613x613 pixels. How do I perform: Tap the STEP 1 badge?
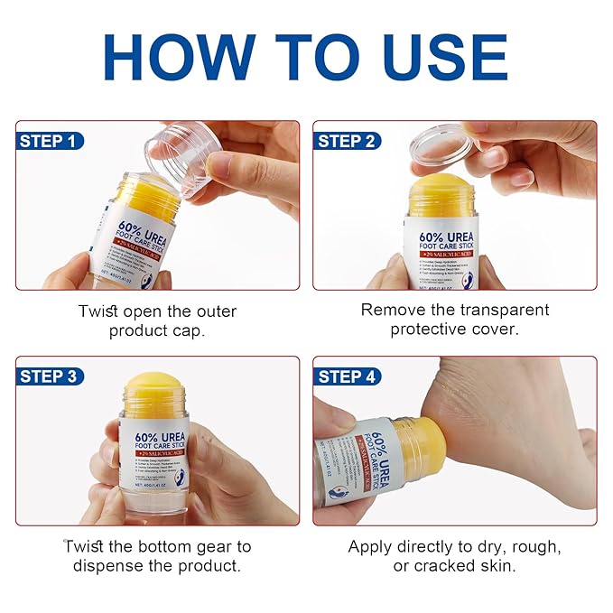(x=51, y=141)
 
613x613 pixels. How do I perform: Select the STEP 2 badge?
(x=347, y=141)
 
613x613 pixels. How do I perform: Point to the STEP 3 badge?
(x=51, y=376)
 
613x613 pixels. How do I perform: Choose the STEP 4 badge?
(x=347, y=376)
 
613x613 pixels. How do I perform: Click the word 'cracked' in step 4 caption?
(x=446, y=566)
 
